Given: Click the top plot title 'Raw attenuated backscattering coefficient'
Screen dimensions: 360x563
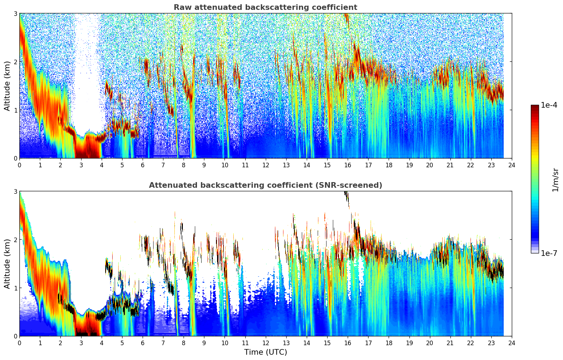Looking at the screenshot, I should (x=265, y=7).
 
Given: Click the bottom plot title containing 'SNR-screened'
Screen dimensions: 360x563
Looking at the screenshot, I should (x=265, y=185).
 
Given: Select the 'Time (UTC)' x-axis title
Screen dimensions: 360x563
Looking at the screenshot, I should (x=265, y=352).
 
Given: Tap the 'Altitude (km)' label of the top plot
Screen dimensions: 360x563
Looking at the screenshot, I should (x=7, y=86).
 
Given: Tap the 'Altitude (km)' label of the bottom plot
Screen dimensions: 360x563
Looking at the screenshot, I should (x=7, y=264).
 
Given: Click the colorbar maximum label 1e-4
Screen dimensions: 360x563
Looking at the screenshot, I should (x=549, y=105).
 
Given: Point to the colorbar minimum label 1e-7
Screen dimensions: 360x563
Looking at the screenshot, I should (x=549, y=253).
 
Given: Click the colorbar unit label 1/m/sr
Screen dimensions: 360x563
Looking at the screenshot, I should (x=556, y=180).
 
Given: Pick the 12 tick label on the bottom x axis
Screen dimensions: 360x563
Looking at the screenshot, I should (x=265, y=343).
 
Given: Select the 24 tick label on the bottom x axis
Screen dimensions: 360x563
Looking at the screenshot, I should (x=511, y=343).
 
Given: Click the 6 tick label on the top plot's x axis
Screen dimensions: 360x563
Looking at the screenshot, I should (x=143, y=165).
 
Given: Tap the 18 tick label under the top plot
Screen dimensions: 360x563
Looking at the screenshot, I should (x=389, y=165).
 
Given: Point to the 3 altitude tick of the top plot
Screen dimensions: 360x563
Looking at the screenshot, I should (x=15, y=13).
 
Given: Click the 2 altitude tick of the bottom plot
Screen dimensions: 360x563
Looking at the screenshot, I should (x=15, y=240).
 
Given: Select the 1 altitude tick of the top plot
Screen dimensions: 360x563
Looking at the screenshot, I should (x=15, y=110).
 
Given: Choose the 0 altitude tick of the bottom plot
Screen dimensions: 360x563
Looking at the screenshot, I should (x=15, y=336).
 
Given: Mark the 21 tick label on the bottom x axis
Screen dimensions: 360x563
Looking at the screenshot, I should (x=450, y=343).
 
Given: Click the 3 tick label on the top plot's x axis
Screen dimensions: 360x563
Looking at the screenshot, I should (x=81, y=165).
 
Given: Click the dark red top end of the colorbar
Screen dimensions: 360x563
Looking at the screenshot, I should (x=535, y=106).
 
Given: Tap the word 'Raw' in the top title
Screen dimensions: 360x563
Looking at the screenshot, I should (x=181, y=7).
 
